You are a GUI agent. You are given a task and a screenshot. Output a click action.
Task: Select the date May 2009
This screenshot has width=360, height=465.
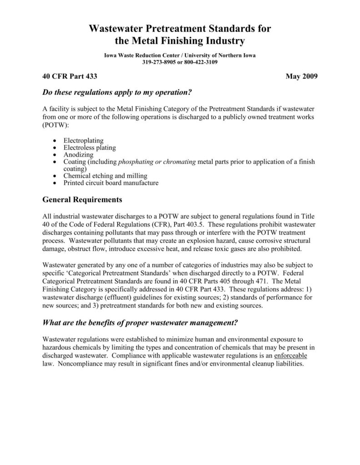tap(301, 75)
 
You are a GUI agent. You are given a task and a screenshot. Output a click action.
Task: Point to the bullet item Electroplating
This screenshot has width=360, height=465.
tap(84, 141)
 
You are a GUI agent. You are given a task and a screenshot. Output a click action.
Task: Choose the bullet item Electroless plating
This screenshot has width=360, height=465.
tap(90, 148)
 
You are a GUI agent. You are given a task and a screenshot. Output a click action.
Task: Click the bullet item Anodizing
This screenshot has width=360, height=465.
tap(79, 154)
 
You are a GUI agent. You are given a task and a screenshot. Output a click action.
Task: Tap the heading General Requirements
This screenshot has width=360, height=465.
tap(81, 199)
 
